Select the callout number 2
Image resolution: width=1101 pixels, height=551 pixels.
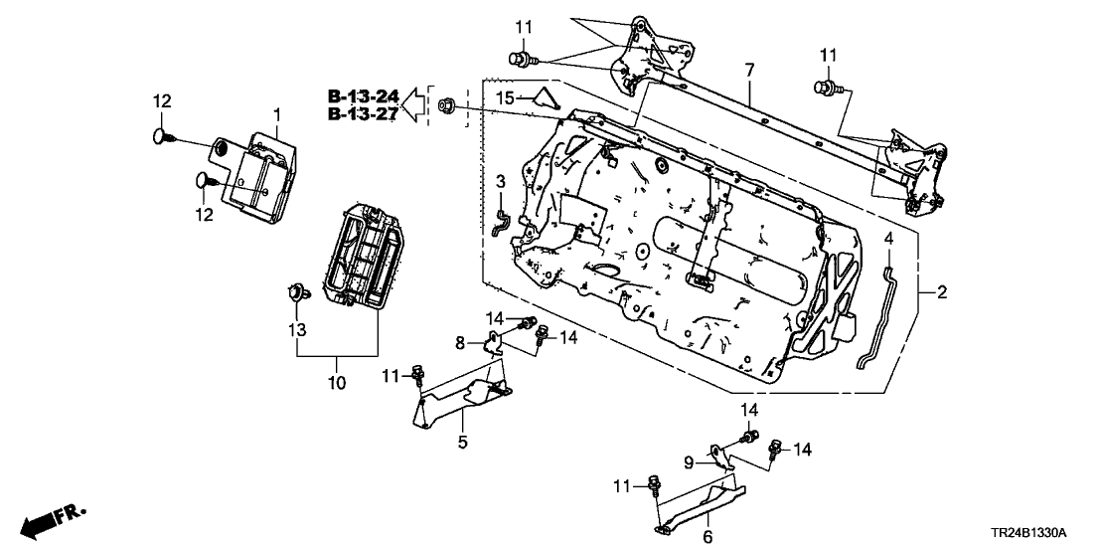941,292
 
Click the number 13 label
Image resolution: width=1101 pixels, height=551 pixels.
295,329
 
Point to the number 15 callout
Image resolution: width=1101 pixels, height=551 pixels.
505,97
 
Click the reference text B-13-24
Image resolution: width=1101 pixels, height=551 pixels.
364,96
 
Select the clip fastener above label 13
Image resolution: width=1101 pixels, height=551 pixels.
295,293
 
